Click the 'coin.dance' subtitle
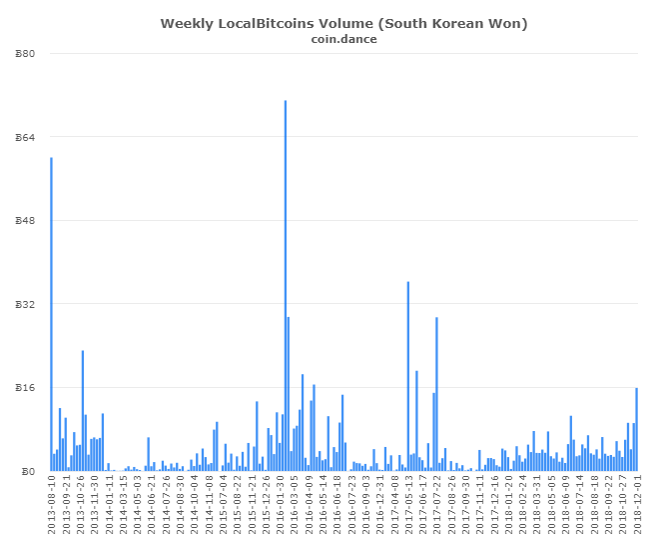344,39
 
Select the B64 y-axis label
28,137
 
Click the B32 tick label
28,304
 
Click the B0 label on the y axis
31,471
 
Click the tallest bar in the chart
285,285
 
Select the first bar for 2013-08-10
51,314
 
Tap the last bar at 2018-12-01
636,430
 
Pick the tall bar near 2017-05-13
407,376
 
